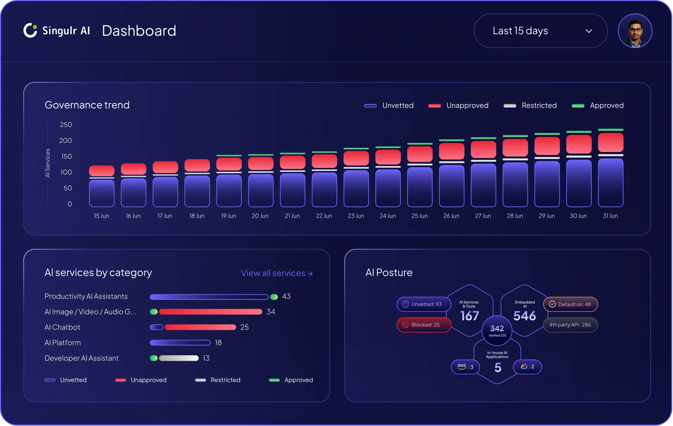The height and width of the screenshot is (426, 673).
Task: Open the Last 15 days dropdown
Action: click(x=540, y=31)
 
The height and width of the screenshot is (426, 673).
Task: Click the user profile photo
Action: click(x=635, y=31)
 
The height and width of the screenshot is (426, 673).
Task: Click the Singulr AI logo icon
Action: click(x=30, y=31)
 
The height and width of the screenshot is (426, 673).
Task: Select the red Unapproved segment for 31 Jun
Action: click(x=610, y=142)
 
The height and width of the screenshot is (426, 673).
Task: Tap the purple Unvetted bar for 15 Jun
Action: click(x=102, y=193)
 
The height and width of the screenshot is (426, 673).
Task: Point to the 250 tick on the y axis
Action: click(x=66, y=125)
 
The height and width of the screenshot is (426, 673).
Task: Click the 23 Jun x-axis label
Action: click(x=356, y=216)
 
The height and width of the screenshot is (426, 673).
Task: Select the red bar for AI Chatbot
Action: click(x=200, y=327)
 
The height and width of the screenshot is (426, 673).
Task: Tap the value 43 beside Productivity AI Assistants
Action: click(x=286, y=296)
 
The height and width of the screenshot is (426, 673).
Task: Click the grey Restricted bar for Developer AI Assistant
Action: click(x=179, y=358)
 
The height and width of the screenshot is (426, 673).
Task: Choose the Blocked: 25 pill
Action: click(x=424, y=325)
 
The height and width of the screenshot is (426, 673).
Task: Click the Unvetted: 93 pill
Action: click(x=424, y=304)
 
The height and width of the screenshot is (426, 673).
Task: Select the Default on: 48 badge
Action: click(x=570, y=304)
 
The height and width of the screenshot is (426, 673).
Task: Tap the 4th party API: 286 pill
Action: click(x=570, y=325)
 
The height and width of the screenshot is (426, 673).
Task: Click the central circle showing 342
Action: click(x=497, y=330)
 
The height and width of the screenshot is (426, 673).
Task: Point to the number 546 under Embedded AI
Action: click(x=524, y=316)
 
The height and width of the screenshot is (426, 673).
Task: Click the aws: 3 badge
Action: click(x=465, y=367)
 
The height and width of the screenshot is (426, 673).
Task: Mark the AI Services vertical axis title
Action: click(x=48, y=163)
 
